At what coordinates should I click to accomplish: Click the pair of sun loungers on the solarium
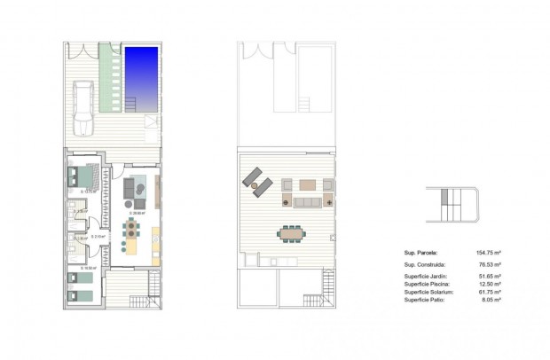coord(258,181)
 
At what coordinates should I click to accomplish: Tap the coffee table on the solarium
coord(307,185)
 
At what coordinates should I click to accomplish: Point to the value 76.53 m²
coord(491,264)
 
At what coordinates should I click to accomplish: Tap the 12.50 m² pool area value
coord(491,285)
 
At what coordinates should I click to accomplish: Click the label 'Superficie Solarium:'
coord(429,293)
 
